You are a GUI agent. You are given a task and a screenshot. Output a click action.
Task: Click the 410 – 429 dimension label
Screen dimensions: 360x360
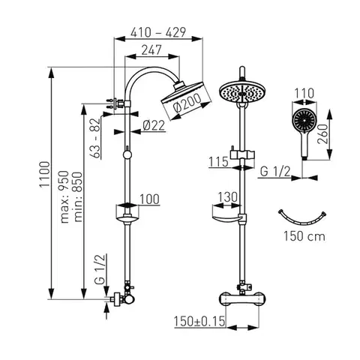coord(158,32)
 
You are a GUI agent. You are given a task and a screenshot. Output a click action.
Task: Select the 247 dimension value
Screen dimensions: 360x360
coord(151,50)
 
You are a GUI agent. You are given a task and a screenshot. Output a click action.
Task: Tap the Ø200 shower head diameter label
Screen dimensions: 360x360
coord(187,103)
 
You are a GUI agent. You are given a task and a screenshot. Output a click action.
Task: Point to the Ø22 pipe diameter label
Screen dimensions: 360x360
coord(154,125)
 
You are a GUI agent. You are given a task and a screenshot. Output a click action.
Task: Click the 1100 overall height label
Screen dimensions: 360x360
coord(45,175)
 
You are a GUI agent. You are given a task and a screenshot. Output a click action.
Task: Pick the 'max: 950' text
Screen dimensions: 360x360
coord(64,196)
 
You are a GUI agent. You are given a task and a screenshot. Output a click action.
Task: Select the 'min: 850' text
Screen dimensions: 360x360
coord(78,196)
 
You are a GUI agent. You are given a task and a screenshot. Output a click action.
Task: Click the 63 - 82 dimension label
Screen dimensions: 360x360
coord(96,138)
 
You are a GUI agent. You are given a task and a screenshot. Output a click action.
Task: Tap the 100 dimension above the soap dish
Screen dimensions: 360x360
coord(149,199)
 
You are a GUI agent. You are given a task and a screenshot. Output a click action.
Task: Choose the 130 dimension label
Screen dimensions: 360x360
coord(228,197)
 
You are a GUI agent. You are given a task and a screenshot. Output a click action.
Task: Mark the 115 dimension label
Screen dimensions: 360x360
coord(218,162)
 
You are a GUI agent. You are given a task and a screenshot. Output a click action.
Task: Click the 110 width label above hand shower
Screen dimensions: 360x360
coord(304,93)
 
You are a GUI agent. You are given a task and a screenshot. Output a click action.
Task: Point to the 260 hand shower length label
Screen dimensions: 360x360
coord(322,133)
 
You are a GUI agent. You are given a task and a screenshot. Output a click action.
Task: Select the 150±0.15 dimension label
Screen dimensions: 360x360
coord(199,321)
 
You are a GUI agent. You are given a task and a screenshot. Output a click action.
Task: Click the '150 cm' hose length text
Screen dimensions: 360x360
coord(304,236)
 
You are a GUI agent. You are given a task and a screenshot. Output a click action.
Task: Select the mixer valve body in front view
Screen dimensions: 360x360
coord(242,298)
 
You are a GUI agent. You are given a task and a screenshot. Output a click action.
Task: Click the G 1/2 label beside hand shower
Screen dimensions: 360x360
coord(275,172)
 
